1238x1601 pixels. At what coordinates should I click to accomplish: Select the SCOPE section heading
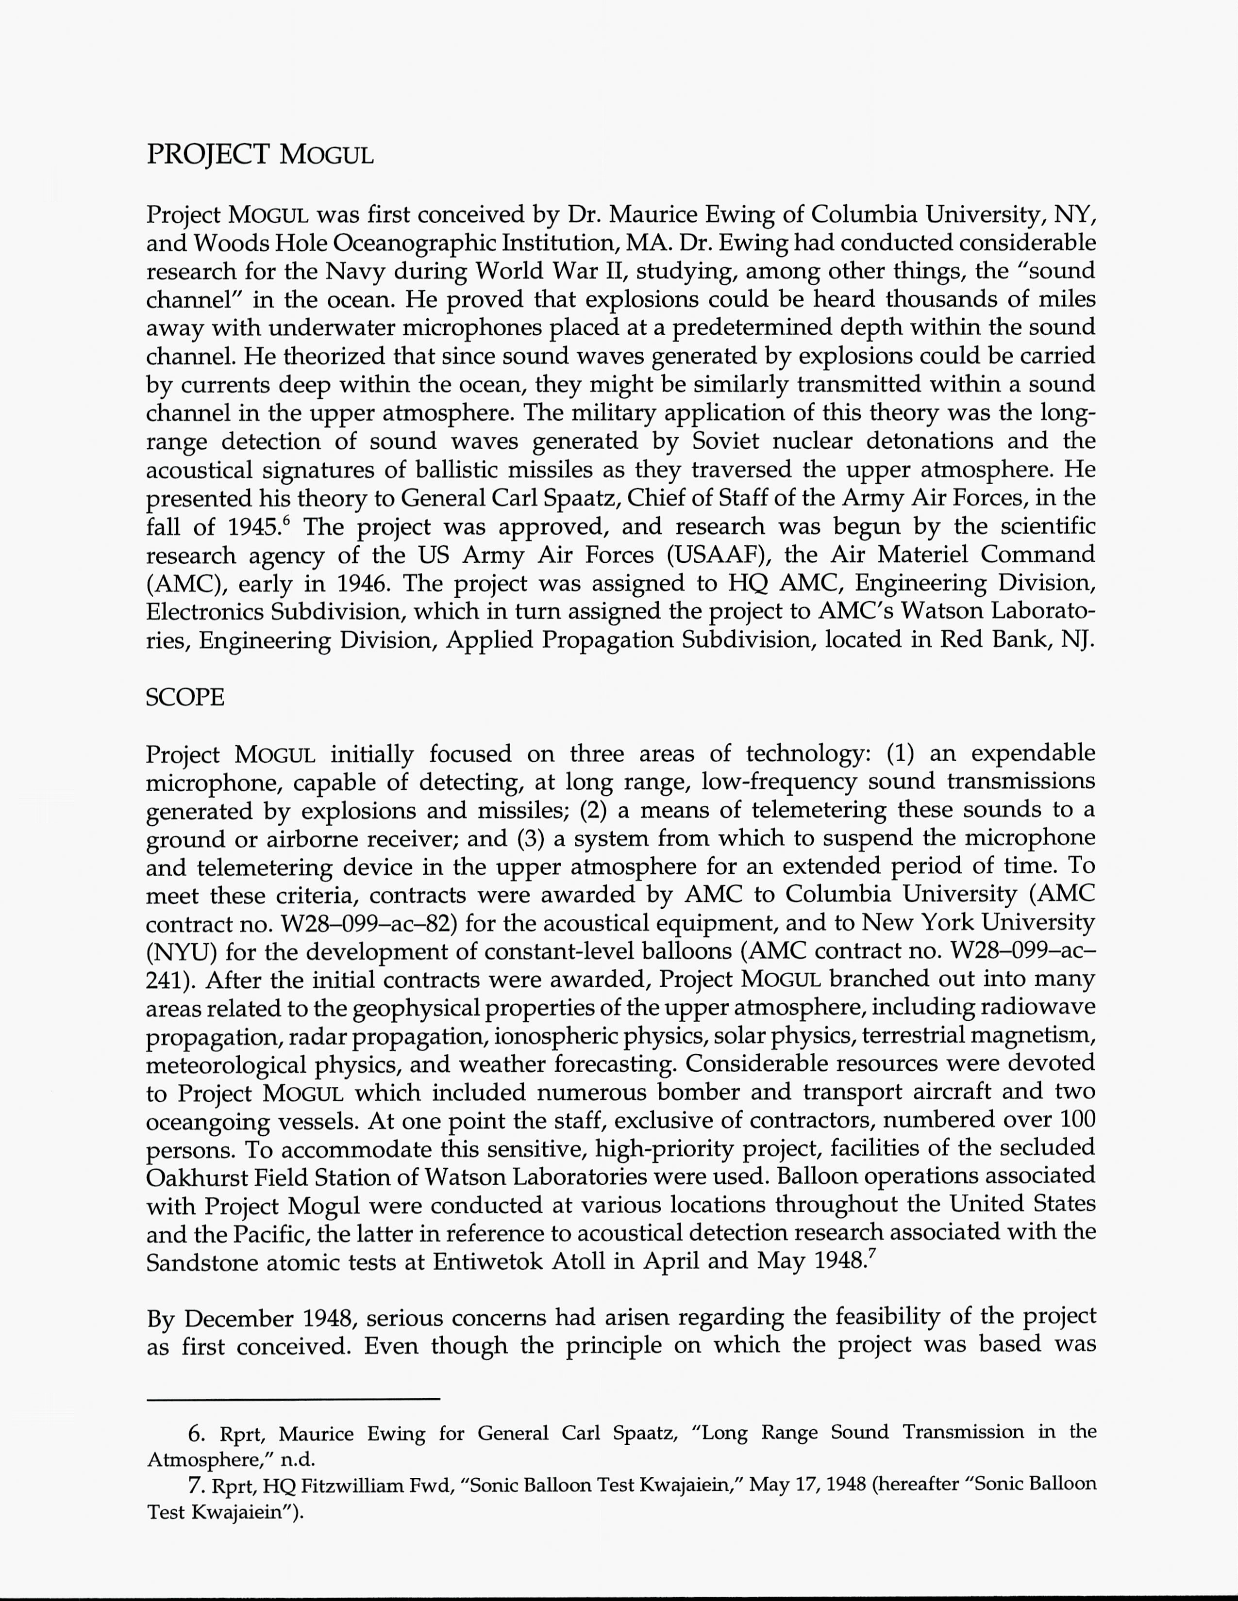pyautogui.click(x=185, y=697)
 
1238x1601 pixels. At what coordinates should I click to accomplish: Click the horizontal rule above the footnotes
pyautogui.click(x=293, y=1400)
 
